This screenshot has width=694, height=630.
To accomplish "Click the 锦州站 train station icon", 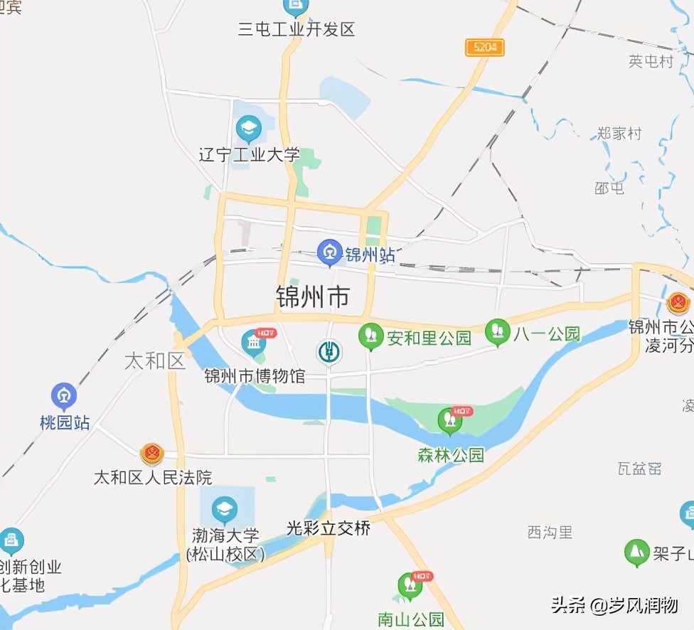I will pos(329,252).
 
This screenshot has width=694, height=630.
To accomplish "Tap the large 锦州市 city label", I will pos(313,297).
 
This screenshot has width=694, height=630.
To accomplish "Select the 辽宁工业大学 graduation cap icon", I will pos(249,129).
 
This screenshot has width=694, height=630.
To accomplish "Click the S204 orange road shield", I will pos(485,48).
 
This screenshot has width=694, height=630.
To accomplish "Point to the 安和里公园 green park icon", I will pos(370,336).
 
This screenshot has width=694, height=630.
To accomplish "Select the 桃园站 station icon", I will pos(64,396).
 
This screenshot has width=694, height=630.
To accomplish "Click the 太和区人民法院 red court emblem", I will pos(151,453).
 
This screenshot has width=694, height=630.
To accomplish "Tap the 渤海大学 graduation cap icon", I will pos(225,508).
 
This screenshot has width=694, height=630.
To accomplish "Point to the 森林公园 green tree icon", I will pos(449,421).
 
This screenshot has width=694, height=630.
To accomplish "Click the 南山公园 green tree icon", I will pos(409,586).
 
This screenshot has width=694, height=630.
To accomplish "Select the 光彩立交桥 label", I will pos(329,528).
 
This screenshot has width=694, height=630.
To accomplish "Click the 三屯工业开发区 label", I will pos(296,29).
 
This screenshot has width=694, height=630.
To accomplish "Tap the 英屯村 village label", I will pos(651,61).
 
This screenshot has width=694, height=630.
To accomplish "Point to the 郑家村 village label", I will pos(619,133).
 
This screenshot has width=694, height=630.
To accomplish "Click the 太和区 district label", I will pos(154,361).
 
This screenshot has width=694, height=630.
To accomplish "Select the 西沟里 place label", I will pos(550,532).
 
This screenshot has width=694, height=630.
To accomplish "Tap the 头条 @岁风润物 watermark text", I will pos(614,606).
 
